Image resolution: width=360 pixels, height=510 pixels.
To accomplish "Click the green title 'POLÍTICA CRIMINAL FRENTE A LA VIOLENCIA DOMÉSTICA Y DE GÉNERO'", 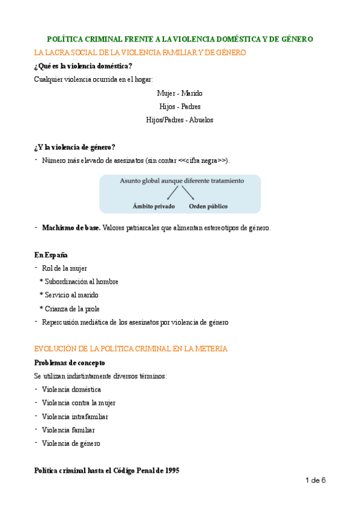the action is [x=180, y=39].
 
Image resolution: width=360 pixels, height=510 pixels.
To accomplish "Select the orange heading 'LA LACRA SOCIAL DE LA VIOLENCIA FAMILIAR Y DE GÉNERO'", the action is [x=140, y=53].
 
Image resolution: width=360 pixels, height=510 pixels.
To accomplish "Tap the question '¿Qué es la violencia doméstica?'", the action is [x=84, y=66].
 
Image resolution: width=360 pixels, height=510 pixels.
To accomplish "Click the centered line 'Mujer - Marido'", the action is [x=180, y=93].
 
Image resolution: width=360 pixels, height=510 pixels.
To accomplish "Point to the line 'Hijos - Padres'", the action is [x=180, y=106].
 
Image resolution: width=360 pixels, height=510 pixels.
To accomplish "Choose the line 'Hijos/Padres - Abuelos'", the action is [x=180, y=120].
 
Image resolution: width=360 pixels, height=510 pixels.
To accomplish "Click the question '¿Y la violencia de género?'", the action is [x=75, y=147].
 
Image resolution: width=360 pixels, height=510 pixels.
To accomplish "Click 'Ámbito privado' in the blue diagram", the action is [x=154, y=206].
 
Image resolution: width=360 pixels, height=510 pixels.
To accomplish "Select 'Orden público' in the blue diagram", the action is [x=208, y=206].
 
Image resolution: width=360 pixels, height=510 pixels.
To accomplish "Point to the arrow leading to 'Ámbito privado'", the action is [x=173, y=192].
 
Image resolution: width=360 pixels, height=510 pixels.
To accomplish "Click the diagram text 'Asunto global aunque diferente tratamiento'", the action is [x=182, y=180].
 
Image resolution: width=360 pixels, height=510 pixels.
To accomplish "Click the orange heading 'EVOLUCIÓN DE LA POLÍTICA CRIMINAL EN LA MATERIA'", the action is [x=131, y=349].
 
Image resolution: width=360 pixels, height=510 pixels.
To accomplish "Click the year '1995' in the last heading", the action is [x=169, y=471].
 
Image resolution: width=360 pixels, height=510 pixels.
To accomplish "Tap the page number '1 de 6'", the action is [x=316, y=481].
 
